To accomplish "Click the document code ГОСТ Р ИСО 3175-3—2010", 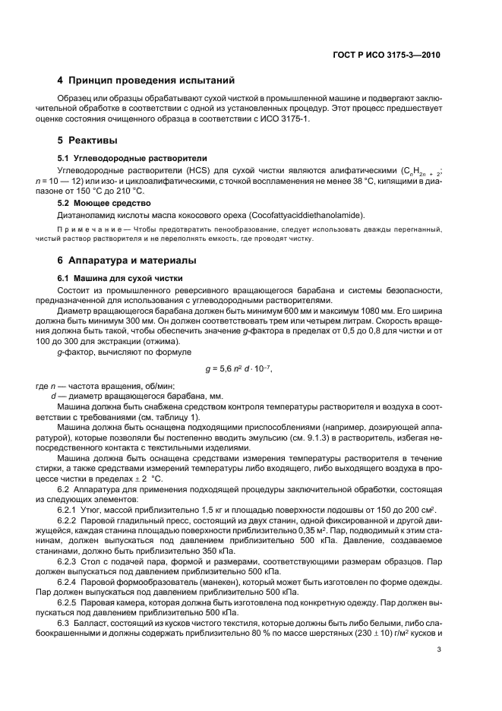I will coord(387,55).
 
